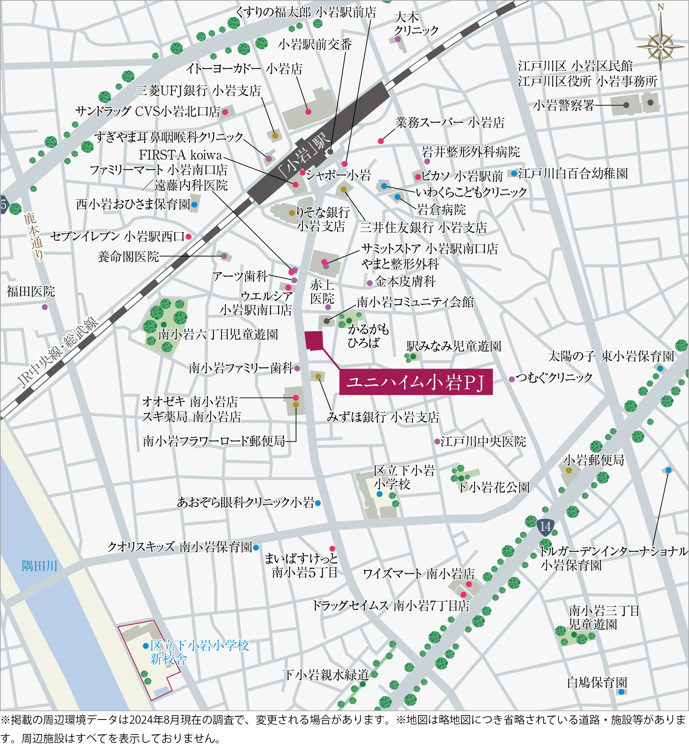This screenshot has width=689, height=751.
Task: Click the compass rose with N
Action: (660, 46)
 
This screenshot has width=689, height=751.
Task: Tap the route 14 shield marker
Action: (545, 527)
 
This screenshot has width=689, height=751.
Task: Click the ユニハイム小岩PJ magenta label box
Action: (416, 382)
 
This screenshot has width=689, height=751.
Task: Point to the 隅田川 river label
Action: (39, 566)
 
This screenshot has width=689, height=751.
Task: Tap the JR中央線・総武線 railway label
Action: (58, 352)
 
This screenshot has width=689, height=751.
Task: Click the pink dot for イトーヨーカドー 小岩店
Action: (308, 112)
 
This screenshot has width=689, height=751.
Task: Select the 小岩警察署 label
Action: (563, 105)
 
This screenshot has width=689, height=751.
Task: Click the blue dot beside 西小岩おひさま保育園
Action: (194, 205)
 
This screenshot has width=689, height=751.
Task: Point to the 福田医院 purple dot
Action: (45, 307)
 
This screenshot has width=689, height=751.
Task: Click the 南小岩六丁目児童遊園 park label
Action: (218, 334)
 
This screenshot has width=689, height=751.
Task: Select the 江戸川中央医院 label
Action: (483, 442)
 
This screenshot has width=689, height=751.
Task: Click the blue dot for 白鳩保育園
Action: (621, 692)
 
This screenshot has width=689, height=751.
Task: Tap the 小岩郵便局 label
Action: (593, 460)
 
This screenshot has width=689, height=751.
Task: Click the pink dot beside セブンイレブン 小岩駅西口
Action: (189, 237)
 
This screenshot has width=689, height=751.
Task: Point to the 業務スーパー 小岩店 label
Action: (450, 123)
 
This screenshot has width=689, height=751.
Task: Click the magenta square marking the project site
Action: (314, 340)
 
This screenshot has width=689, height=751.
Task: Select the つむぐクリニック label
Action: (554, 377)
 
